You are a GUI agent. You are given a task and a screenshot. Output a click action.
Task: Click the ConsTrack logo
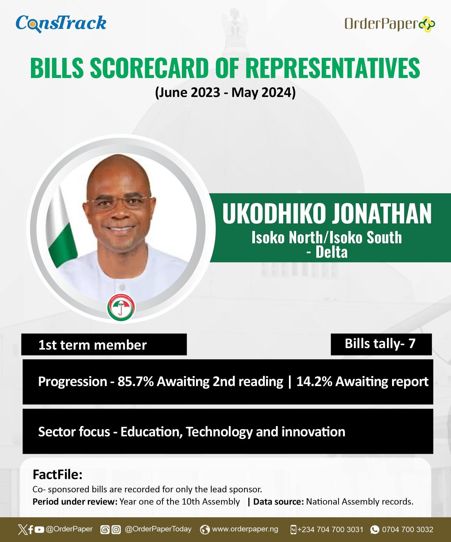pyautogui.click(x=61, y=23)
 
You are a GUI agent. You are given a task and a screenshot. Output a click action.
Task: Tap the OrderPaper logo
pyautogui.click(x=390, y=24)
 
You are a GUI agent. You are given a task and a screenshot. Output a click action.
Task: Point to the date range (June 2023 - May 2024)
pyautogui.click(x=225, y=92)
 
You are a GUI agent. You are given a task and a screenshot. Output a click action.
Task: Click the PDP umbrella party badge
pyautogui.click(x=121, y=307)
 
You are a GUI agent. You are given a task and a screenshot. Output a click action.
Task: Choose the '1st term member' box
pyautogui.click(x=104, y=344)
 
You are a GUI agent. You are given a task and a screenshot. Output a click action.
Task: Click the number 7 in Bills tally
pyautogui.click(x=412, y=344)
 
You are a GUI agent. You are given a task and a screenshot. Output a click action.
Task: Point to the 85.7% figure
pyautogui.click(x=136, y=382)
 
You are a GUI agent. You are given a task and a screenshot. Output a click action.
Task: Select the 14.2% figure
pyautogui.click(x=314, y=382)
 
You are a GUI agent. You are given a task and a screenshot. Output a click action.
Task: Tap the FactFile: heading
pyautogui.click(x=57, y=475)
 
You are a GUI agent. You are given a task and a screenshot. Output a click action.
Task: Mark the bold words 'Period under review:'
pyautogui.click(x=75, y=502)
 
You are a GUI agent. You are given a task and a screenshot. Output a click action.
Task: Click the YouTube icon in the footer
pyautogui.click(x=39, y=529)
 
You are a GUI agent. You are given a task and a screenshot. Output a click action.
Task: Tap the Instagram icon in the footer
pyautogui.click(x=116, y=529)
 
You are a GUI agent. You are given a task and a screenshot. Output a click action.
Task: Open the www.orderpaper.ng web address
pyautogui.click(x=245, y=529)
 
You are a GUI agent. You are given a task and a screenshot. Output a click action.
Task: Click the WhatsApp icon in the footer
pyautogui.click(x=375, y=529)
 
